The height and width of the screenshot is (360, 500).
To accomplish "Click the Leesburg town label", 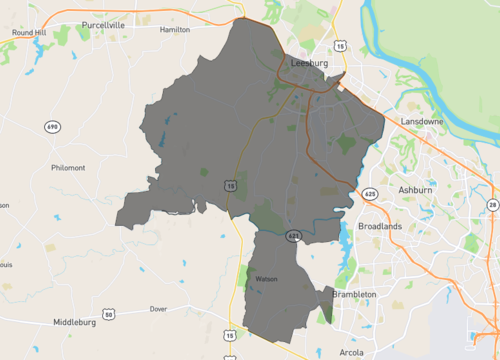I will [308, 62].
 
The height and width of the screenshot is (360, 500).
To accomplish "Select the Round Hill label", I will [30, 32].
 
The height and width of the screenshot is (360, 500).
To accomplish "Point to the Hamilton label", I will [174, 30].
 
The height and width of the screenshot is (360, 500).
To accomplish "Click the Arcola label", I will [351, 353].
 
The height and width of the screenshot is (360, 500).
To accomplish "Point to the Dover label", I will [157, 309].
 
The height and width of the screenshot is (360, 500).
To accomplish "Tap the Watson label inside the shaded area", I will [266, 279].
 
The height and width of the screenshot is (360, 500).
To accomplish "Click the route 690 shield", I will [52, 127].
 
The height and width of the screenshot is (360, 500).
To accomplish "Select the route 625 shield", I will [370, 192].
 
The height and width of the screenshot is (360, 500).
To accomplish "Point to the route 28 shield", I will [492, 205].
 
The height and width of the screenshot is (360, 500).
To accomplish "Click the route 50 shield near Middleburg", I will [109, 315].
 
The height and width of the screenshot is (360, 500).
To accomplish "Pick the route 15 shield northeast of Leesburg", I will [341, 46].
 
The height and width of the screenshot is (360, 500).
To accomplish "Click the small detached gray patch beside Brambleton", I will [326, 303].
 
